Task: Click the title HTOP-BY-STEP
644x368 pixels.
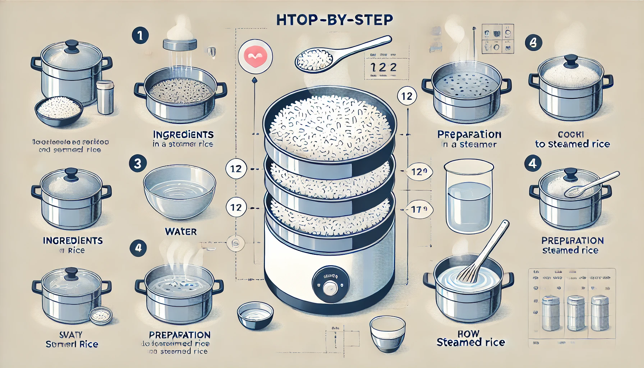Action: pyautogui.click(x=334, y=20)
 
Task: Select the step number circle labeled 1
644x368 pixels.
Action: pyautogui.click(x=140, y=36)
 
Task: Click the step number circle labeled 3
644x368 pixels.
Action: pyautogui.click(x=137, y=164)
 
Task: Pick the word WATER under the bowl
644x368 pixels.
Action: pyautogui.click(x=181, y=232)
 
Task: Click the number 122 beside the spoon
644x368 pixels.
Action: pyautogui.click(x=383, y=67)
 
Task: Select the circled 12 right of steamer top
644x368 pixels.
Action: pyautogui.click(x=407, y=96)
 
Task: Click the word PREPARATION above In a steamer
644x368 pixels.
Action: pyautogui.click(x=469, y=134)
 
